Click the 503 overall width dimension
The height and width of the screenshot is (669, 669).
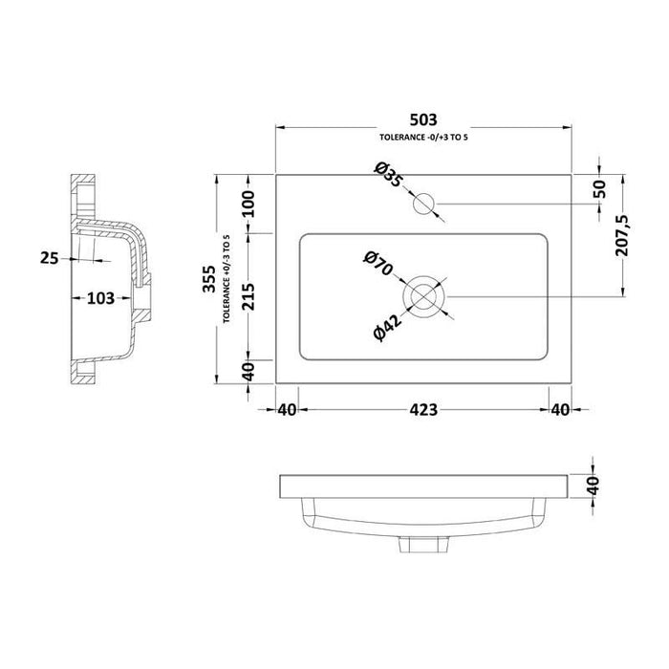[x=423, y=120]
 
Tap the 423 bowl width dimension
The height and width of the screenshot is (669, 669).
[x=423, y=410]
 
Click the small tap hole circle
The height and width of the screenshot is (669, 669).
[x=423, y=203]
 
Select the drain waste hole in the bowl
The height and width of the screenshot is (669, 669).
[x=424, y=296]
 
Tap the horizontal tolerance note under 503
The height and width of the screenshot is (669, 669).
[x=423, y=139]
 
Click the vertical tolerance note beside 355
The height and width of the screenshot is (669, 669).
[x=227, y=279]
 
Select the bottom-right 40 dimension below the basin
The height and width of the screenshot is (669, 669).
[x=560, y=410]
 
